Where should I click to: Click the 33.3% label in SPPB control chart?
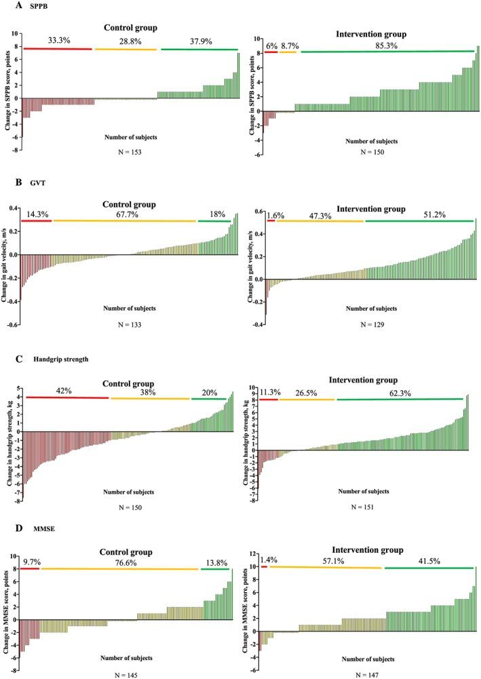click(x=59, y=41)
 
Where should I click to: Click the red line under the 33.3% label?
click(x=58, y=48)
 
